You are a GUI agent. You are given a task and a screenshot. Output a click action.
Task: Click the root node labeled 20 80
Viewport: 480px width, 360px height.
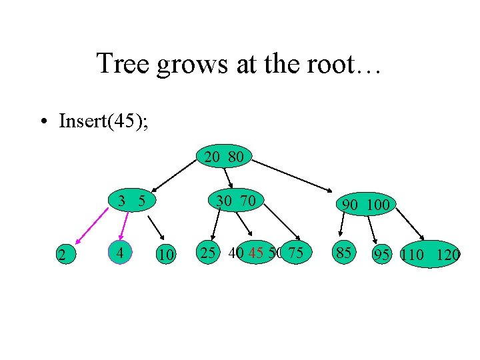(x=223, y=158)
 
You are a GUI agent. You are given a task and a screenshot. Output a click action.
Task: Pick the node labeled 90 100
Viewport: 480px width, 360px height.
(x=365, y=205)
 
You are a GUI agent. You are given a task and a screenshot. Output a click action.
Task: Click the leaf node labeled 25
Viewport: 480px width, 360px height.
(x=208, y=253)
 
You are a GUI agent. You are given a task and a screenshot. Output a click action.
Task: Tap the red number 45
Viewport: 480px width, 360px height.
(x=255, y=253)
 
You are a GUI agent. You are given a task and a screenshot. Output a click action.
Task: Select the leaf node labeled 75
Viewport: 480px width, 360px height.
(x=297, y=253)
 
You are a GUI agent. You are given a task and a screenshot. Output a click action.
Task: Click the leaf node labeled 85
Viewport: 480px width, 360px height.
(x=345, y=253)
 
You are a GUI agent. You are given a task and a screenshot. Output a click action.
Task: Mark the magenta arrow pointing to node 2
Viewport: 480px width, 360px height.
(x=90, y=227)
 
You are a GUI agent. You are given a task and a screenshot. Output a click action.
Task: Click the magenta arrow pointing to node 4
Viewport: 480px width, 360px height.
(x=123, y=225)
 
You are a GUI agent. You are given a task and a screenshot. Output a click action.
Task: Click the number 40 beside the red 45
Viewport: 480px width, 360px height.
(x=235, y=253)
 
